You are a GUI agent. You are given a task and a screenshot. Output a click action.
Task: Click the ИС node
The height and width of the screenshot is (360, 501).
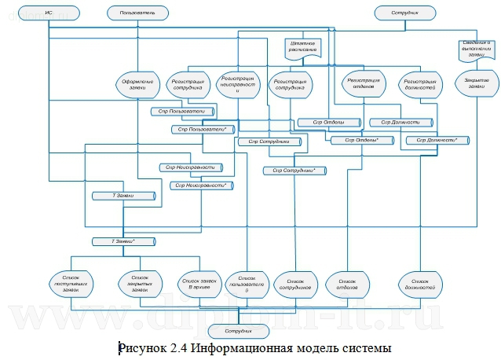[49, 13]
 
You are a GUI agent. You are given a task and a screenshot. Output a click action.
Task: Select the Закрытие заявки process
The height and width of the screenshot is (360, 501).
[471, 84]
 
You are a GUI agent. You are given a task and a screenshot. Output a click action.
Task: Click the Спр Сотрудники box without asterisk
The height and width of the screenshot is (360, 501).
[263, 141]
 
